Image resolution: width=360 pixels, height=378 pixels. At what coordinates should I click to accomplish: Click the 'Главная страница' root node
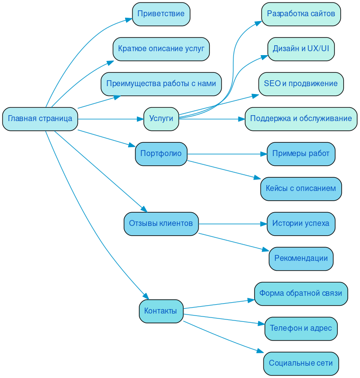point(40,119)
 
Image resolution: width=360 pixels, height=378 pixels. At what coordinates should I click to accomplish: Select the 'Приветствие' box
point(161,14)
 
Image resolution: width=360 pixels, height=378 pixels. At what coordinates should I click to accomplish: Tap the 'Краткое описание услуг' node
point(161,49)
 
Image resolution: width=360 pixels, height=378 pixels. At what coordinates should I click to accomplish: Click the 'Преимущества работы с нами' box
point(161,84)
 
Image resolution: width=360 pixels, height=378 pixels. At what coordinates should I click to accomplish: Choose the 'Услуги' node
point(161,119)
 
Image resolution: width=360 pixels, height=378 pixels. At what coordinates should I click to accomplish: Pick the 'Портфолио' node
point(161,154)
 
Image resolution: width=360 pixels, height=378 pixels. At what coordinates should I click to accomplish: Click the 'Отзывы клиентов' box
point(161,223)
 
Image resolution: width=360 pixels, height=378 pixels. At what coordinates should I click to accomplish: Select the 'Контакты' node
point(161,311)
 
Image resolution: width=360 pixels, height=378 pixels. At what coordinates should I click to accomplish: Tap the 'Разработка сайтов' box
point(301,14)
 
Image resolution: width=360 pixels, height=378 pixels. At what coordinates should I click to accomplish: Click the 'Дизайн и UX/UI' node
point(301,49)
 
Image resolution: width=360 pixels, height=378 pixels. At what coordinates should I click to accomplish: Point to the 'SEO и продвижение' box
point(301,84)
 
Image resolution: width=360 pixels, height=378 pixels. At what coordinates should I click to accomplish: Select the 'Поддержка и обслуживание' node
point(301,119)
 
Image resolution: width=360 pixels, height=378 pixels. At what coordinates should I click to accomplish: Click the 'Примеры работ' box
point(301,154)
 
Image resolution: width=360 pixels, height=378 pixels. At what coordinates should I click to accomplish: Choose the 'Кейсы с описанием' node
point(301,189)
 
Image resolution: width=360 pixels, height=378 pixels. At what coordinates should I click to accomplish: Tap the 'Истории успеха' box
point(301,223)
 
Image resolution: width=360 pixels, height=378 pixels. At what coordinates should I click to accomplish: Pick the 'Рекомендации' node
point(301,258)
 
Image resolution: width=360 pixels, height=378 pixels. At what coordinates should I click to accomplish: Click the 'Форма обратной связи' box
point(301,293)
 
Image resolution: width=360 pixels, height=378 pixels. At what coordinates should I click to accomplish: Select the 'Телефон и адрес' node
point(301,328)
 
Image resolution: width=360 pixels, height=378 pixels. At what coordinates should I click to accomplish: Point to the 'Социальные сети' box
point(301,363)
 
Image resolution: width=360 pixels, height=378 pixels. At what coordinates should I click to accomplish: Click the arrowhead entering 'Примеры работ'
point(263,154)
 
